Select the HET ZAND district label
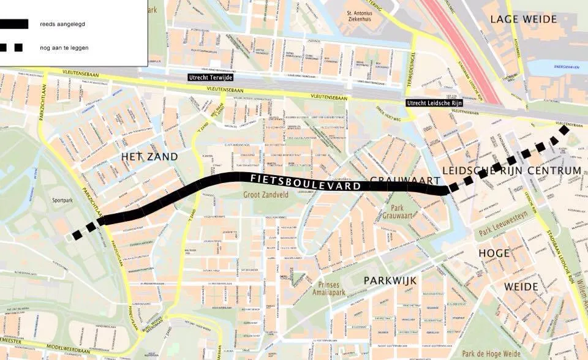(149, 157)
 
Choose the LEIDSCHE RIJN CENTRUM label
(511, 170)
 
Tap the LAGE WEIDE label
(524, 19)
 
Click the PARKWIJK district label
(390, 280)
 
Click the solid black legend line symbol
(13, 24)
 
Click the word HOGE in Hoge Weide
(494, 252)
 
